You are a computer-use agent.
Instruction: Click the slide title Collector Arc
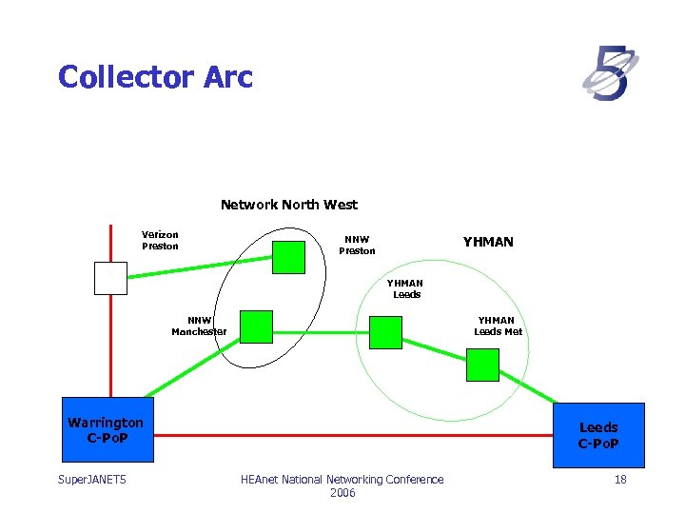pyautogui.click(x=155, y=76)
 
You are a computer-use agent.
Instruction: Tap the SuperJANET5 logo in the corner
pyautogui.click(x=610, y=74)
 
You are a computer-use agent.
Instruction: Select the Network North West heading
pyautogui.click(x=289, y=205)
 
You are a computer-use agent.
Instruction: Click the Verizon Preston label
pyautogui.click(x=160, y=240)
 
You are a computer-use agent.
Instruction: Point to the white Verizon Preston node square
pyautogui.click(x=110, y=278)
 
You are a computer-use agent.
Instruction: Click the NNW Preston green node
pyautogui.click(x=289, y=257)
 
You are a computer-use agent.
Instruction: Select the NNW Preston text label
pyautogui.click(x=359, y=246)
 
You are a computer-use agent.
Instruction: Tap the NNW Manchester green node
pyautogui.click(x=256, y=326)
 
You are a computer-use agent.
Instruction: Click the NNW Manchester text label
pyautogui.click(x=199, y=326)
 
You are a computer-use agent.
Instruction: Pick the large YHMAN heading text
pyautogui.click(x=488, y=242)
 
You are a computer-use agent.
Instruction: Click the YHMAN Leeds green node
pyautogui.click(x=385, y=332)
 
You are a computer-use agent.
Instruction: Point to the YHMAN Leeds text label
pyautogui.click(x=407, y=288)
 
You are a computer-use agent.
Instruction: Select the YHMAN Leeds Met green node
pyautogui.click(x=482, y=365)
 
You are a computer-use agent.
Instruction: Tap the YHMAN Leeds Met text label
pyautogui.click(x=498, y=326)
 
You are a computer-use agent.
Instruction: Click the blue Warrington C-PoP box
pyautogui.click(x=106, y=429)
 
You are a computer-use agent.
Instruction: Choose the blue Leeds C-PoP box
pyautogui.click(x=598, y=435)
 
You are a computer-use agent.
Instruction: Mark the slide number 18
pyautogui.click(x=620, y=480)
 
